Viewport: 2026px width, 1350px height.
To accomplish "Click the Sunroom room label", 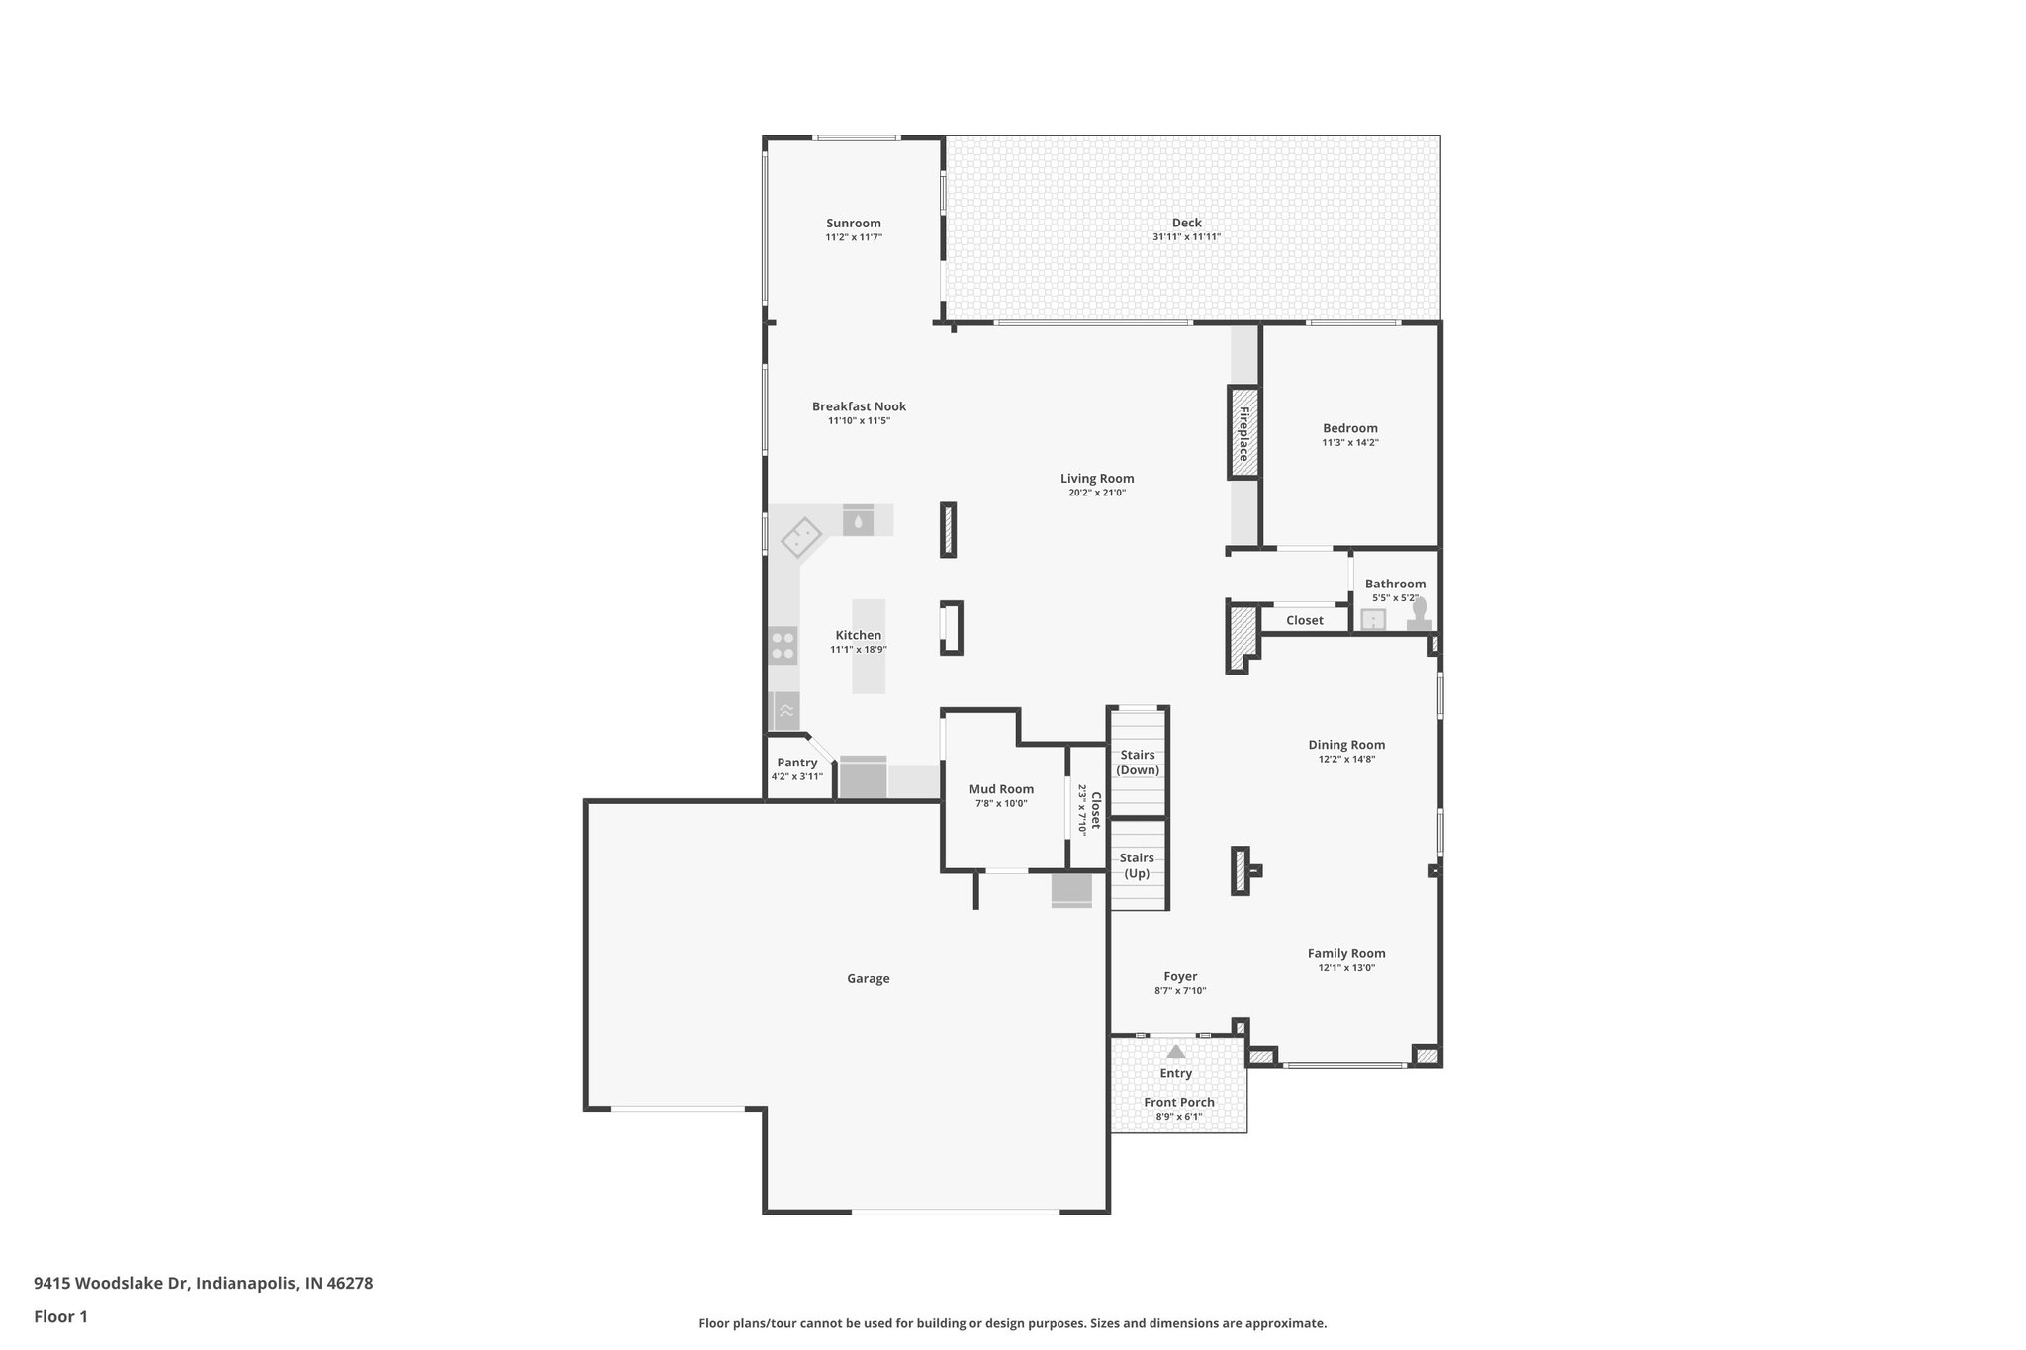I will (853, 224).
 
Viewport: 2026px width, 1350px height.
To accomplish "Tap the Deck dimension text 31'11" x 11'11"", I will (1186, 237).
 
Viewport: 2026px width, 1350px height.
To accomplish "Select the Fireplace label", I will (1243, 433).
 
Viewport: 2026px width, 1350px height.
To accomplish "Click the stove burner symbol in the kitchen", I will (783, 646).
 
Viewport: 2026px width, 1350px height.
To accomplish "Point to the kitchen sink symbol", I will (802, 540).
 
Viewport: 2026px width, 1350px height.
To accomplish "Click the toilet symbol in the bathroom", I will (1420, 615).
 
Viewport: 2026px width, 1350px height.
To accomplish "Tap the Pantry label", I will (796, 763).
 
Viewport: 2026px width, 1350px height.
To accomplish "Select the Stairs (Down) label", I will (1138, 763).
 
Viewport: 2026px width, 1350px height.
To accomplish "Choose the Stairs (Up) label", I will (1137, 865).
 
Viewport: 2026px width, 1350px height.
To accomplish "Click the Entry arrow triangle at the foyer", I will (1175, 1052).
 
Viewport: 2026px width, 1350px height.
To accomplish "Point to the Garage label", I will (868, 978).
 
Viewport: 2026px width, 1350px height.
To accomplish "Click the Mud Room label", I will (1001, 789).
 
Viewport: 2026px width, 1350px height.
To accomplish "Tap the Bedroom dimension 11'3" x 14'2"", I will (1350, 443).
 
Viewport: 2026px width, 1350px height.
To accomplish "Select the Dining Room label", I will (1346, 745).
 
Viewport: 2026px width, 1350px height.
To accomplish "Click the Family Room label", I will (1345, 953).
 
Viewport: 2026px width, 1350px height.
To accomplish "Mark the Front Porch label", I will (1178, 1102).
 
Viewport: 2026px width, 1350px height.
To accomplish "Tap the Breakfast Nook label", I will (859, 406).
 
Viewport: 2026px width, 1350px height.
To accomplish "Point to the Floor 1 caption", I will (60, 1316).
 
